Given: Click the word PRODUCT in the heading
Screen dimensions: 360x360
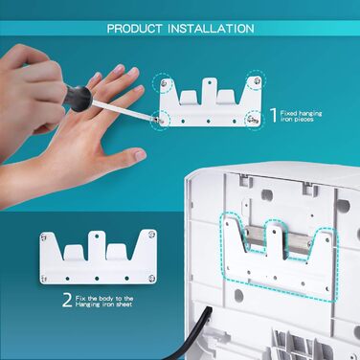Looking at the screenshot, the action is (134, 29).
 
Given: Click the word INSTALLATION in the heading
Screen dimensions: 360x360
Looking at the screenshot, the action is (211, 29).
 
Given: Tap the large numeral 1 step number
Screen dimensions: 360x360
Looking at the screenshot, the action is (274, 116).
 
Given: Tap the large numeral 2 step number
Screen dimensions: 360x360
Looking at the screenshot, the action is (67, 301).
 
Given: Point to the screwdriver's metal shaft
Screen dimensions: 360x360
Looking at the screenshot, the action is (122, 110).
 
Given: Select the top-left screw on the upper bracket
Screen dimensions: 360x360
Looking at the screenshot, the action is (164, 83).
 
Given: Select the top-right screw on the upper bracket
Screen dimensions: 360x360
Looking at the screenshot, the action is (257, 81).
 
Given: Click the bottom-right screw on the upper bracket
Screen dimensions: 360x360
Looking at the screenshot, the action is (254, 122).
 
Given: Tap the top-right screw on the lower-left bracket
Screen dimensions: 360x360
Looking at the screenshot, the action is (151, 235).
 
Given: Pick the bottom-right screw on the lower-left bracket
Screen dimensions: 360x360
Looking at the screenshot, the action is (151, 279).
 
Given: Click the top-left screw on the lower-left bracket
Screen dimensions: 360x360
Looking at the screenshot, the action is (44, 237).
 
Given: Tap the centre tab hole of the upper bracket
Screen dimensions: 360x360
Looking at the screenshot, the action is (208, 81).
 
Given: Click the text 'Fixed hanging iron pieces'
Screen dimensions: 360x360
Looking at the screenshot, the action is (301, 116).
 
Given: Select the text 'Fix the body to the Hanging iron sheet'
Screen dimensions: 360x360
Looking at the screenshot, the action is (104, 301).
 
